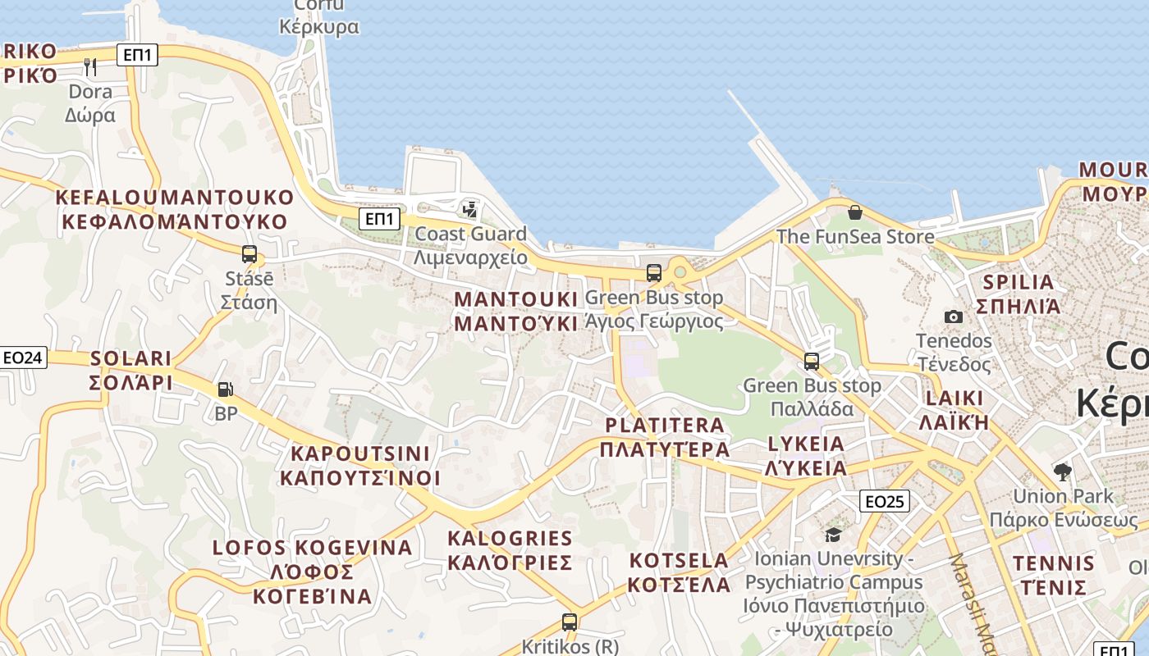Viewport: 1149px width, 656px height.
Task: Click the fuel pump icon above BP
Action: pos(226,389)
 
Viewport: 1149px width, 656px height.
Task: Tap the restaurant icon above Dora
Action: pos(90,66)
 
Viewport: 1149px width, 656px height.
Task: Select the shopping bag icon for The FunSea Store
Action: pos(855,213)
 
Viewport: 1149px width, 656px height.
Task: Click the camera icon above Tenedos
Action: pos(954,317)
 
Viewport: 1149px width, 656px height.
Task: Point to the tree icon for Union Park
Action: pos(1063,471)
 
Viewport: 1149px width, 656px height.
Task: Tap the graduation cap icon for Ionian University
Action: pos(833,535)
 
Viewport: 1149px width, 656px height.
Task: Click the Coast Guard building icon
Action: pos(469,210)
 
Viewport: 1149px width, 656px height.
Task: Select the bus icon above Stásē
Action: pos(249,254)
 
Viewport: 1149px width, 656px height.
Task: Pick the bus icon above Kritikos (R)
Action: pos(570,622)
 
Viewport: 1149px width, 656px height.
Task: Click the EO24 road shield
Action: pos(24,358)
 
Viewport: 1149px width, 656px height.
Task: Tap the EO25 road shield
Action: pos(885,500)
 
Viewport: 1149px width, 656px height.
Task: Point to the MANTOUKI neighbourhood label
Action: pos(515,311)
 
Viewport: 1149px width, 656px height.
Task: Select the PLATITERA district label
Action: pos(665,437)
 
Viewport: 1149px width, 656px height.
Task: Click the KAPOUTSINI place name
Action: pos(360,466)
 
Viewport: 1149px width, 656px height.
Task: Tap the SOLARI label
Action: pos(131,371)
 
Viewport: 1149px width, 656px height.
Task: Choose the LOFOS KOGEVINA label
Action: pos(312,572)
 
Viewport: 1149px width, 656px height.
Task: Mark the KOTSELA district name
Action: pos(679,572)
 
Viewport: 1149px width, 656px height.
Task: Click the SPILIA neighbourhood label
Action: pos(1018,294)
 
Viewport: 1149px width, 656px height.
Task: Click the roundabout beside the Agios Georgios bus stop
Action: pos(680,271)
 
